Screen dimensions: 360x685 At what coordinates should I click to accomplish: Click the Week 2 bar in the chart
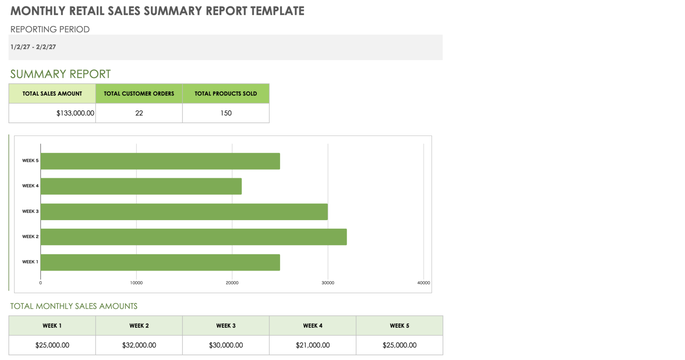[x=193, y=237]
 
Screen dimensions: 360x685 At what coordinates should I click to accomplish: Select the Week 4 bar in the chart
[x=141, y=186]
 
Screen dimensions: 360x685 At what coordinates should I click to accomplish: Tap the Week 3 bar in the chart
[x=184, y=212]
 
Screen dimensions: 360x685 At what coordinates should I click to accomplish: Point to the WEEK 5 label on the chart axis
[x=30, y=161]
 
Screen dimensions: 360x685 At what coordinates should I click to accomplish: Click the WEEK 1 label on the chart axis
[x=30, y=262]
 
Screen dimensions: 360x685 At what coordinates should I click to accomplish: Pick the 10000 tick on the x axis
[x=136, y=283]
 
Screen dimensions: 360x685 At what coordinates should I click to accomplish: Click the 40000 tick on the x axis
[x=423, y=283]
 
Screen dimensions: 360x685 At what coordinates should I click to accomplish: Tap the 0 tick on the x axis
[x=40, y=283]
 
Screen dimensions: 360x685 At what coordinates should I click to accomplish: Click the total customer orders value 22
[x=139, y=113]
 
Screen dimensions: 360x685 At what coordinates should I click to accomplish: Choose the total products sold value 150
[x=226, y=113]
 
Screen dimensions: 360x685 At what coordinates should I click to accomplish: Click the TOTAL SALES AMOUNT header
[x=52, y=94]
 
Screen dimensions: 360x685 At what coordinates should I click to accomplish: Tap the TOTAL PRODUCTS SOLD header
[x=226, y=94]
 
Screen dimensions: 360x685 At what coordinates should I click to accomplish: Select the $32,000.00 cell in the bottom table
[x=139, y=345]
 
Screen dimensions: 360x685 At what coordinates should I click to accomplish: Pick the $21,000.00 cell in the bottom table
[x=313, y=345]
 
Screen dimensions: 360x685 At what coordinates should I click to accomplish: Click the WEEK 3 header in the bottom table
[x=226, y=326]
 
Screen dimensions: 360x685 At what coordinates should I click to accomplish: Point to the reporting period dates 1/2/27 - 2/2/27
[x=33, y=47]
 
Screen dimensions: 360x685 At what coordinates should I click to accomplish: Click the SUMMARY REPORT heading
[x=60, y=74]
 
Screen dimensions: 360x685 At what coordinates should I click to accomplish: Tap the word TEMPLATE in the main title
[x=277, y=11]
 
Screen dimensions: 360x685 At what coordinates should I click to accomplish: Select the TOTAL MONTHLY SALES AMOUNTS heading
[x=74, y=306]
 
